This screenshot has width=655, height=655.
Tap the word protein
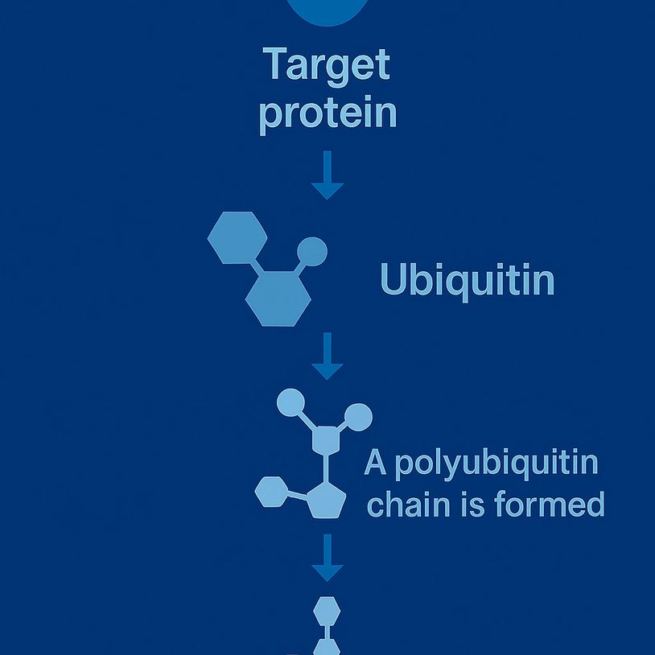click(327, 114)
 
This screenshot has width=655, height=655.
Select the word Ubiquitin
click(467, 281)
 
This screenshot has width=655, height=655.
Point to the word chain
click(408, 505)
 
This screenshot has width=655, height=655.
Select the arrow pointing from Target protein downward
click(327, 175)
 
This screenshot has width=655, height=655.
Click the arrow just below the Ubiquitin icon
click(327, 356)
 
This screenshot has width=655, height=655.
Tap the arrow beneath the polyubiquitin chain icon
click(327, 558)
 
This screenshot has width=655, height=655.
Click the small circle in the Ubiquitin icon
click(312, 251)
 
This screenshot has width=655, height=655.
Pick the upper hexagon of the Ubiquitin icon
click(237, 238)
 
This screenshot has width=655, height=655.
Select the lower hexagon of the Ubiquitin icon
click(278, 298)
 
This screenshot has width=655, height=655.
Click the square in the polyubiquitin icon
click(326, 440)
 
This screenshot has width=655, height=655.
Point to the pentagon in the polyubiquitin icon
click(325, 499)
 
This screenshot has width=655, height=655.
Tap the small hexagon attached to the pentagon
click(272, 491)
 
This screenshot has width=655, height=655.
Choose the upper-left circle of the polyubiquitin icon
click(290, 402)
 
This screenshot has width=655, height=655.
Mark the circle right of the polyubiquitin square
click(358, 417)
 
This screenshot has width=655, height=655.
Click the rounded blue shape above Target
click(327, 10)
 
